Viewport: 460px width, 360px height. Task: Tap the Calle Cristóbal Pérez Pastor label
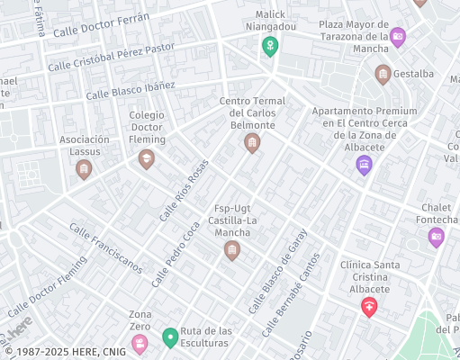point(111,56)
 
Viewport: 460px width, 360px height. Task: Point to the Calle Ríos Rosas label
point(184,190)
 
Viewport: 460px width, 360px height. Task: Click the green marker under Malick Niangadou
point(269,46)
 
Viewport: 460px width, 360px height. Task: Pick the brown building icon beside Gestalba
point(383,74)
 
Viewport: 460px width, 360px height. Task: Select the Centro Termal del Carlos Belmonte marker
point(252,142)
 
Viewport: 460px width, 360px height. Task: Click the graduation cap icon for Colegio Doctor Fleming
point(146,159)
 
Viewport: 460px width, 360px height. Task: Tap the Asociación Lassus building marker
point(84,169)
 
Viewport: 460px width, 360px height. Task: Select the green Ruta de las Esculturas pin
point(169,338)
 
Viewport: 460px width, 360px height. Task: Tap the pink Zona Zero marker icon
point(140,343)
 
